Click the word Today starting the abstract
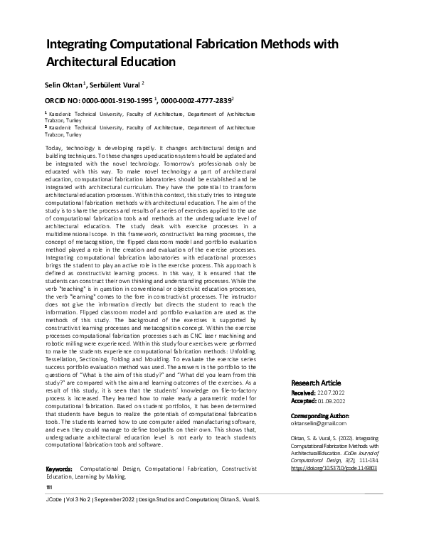click(x=53, y=147)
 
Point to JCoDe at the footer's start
click(x=54, y=521)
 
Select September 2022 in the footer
click(x=113, y=521)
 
